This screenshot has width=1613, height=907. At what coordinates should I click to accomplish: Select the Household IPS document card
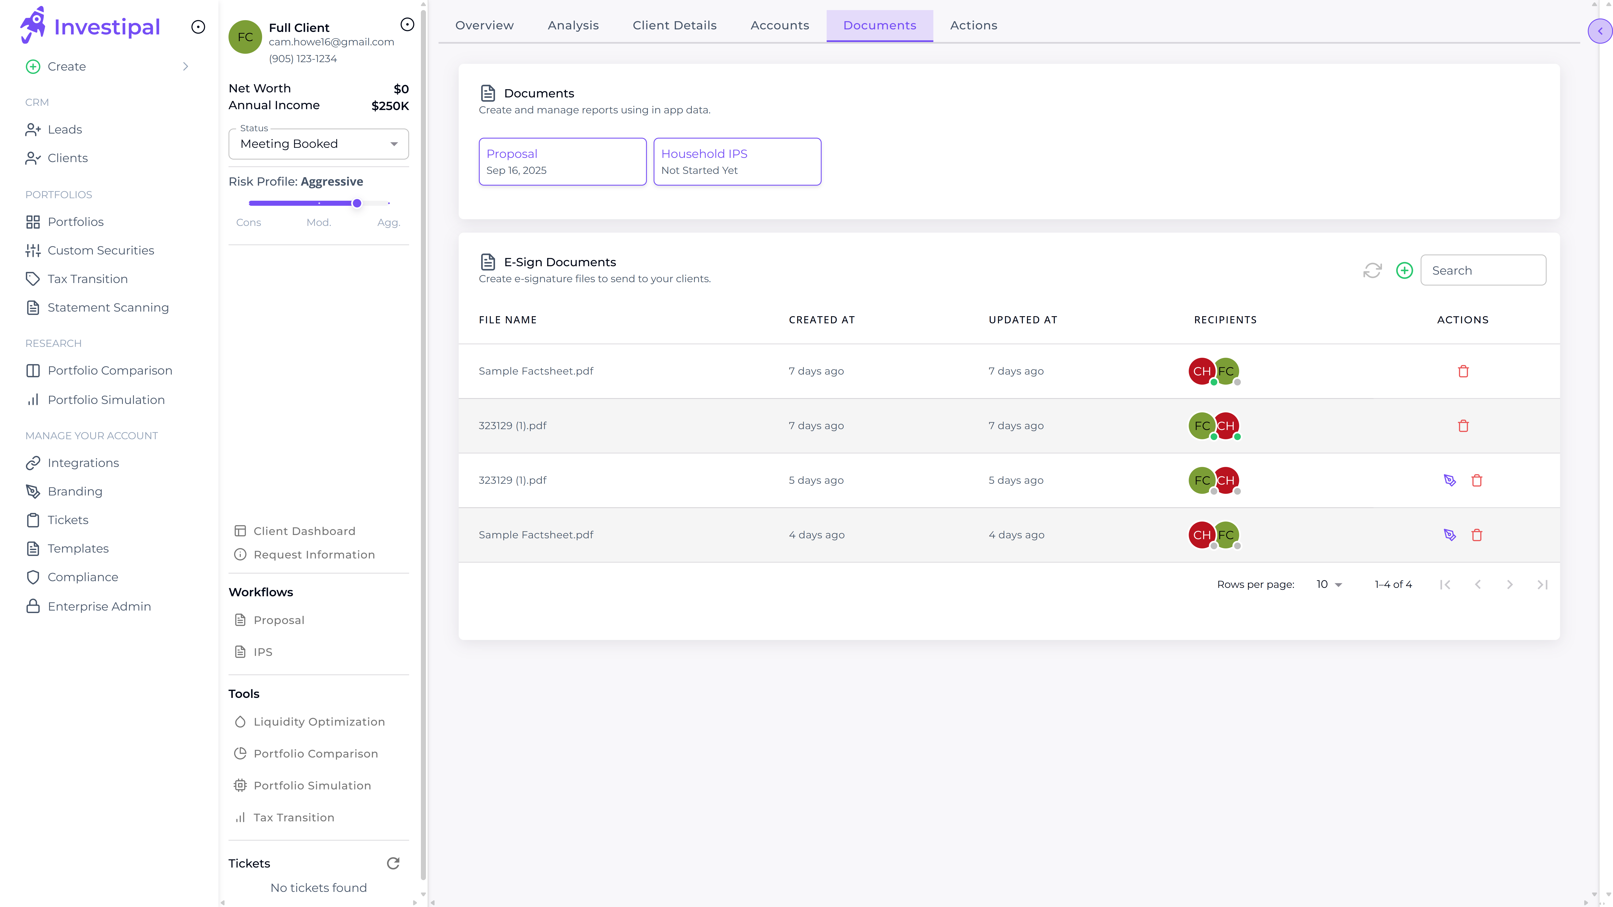[x=737, y=161]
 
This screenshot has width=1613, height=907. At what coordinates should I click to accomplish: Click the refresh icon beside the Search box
[x=1372, y=270]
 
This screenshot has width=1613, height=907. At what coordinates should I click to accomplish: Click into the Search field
[x=1483, y=270]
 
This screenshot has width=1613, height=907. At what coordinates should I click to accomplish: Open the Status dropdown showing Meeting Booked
[x=319, y=144]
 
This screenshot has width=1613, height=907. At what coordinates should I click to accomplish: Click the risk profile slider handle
[x=357, y=203]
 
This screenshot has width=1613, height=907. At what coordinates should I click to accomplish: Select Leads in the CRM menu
[x=64, y=130]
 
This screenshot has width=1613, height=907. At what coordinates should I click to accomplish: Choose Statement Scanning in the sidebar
[x=108, y=307]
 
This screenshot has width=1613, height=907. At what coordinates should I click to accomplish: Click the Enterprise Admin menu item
[x=99, y=607]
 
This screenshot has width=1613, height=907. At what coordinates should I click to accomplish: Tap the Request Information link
[x=314, y=554]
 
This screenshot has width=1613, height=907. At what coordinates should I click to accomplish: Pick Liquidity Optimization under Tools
[x=319, y=722]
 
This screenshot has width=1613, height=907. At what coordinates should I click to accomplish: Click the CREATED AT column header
[x=822, y=320]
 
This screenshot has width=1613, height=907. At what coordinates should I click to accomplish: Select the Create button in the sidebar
[x=66, y=66]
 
